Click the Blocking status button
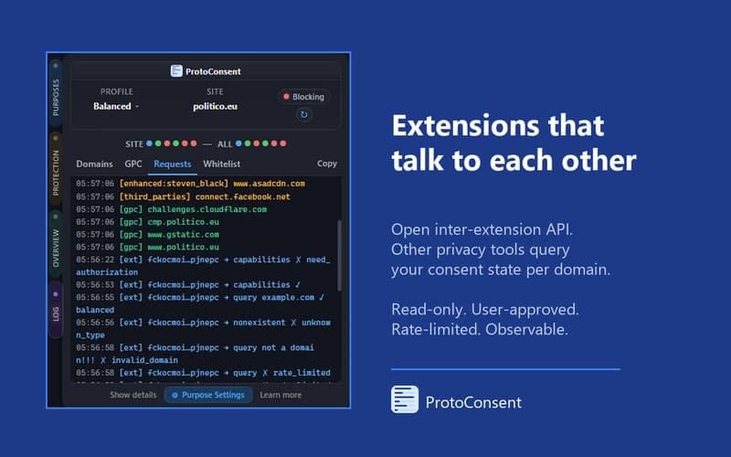[304, 96]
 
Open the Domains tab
[94, 165]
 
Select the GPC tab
[133, 165]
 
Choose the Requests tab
[173, 165]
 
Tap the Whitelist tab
[221, 165]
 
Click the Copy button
[327, 165]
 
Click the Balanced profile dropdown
[117, 106]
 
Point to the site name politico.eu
[216, 106]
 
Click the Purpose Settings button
[208, 395]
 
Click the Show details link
[133, 395]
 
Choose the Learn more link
[281, 395]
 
